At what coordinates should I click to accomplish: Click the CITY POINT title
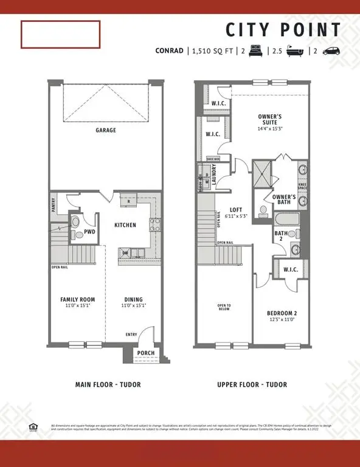point(283,30)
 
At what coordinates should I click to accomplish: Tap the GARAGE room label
point(105,130)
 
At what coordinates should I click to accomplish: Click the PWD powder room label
point(89,232)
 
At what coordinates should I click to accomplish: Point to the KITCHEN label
point(125,225)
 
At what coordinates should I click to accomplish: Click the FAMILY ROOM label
point(77,299)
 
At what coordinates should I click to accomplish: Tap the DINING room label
point(134,299)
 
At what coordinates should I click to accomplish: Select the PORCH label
point(146,353)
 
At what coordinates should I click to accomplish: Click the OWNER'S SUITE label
point(269,119)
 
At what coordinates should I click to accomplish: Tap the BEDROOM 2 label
point(282,314)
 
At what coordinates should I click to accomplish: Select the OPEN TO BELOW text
point(224,307)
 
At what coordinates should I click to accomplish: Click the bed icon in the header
point(255,52)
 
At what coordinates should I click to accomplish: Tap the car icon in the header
point(331,52)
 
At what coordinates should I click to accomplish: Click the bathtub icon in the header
point(295,52)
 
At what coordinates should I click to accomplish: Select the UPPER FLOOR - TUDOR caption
point(252,384)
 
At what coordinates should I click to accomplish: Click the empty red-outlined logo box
point(61,34)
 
